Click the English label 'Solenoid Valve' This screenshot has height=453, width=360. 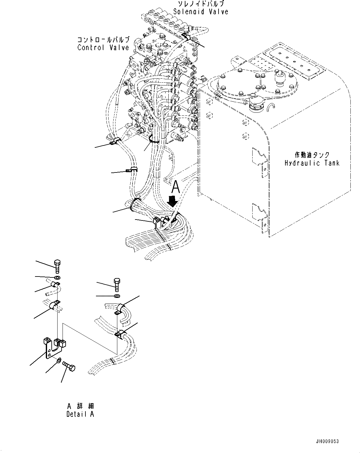pyautogui.click(x=201, y=12)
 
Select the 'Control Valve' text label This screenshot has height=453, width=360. pyautogui.click(x=103, y=48)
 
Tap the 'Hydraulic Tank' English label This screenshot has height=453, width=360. pyautogui.click(x=312, y=163)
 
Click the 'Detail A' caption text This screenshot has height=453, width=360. pyautogui.click(x=80, y=414)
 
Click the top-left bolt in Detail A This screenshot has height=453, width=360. pyautogui.click(x=58, y=266)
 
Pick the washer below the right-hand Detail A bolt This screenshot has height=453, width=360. pyautogui.click(x=117, y=296)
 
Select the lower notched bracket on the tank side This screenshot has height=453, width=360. pyautogui.click(x=258, y=213)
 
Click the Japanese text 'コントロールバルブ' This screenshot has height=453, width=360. pyautogui.click(x=103, y=40)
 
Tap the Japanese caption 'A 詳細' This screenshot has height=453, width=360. pyautogui.click(x=80, y=406)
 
